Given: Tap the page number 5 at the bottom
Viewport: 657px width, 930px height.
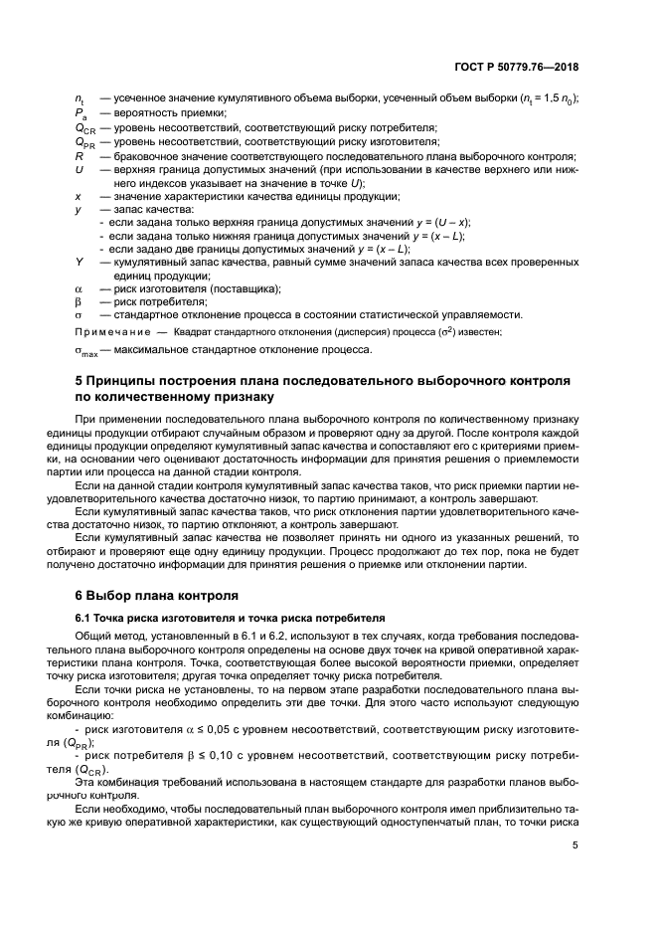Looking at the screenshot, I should click(x=575, y=846).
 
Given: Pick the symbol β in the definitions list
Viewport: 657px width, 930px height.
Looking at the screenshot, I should click(x=79, y=301).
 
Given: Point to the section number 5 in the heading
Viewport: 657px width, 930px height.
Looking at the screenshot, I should click(x=81, y=382).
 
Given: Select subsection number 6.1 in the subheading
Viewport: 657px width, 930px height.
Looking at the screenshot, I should click(x=84, y=618).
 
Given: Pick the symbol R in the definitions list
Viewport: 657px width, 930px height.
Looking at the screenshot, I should click(x=79, y=156).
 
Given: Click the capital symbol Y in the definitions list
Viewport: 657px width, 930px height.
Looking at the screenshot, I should click(x=79, y=262).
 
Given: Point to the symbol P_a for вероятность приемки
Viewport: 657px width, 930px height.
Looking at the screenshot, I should click(x=81, y=114).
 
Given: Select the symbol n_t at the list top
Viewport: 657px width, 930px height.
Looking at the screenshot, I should click(x=81, y=99).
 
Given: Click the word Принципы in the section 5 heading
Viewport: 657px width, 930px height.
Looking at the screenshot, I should click(x=132, y=382).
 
